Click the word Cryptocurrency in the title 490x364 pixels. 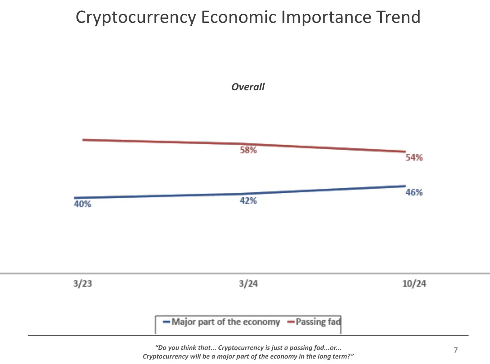(136, 17)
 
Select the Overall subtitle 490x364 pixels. (248, 87)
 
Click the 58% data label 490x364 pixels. (248, 150)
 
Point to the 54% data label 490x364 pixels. (414, 158)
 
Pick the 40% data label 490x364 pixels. (82, 204)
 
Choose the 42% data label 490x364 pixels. (248, 201)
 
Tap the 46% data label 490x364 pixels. (414, 192)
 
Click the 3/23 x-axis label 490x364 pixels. (82, 284)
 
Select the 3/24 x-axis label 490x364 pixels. (248, 284)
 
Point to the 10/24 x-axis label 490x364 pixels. (414, 284)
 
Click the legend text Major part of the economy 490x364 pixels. (226, 322)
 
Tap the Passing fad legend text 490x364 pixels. (318, 322)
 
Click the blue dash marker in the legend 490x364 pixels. (166, 322)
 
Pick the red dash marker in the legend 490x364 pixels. (291, 322)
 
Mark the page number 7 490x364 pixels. (455, 350)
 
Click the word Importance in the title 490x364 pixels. (326, 17)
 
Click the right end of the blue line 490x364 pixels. (405, 186)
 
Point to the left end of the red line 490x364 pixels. (83, 140)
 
